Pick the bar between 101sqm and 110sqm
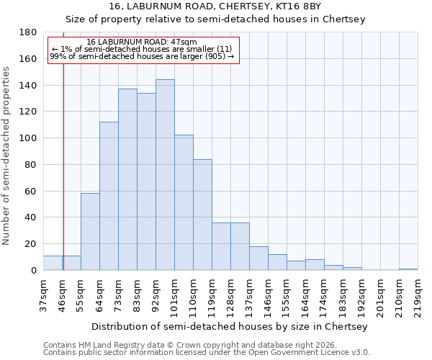coord(184,202)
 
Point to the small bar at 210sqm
coord(408,269)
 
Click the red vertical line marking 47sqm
coord(63,180)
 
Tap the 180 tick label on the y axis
coord(28,32)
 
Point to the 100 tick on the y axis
coord(28,138)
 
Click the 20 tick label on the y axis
coord(31,244)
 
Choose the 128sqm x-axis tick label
coord(230,296)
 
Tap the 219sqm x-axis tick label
coord(418,296)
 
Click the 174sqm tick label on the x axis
coord(324,296)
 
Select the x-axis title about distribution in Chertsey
coord(230,326)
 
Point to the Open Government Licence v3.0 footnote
coord(207,353)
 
